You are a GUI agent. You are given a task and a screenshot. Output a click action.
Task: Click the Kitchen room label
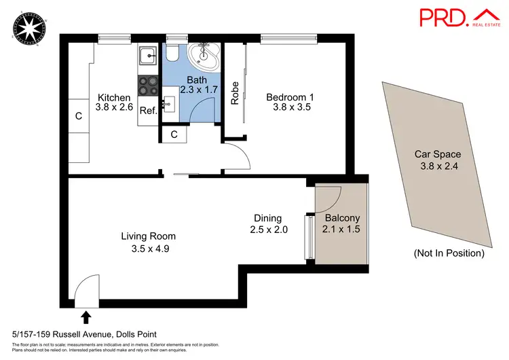pos(114,98)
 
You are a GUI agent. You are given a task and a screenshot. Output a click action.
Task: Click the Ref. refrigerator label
pos(148,111)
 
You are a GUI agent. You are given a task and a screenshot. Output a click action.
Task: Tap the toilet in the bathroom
pos(173,54)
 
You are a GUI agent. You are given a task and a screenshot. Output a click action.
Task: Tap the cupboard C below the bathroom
pos(174,134)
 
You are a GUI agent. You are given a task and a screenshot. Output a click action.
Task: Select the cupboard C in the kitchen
pos(79,117)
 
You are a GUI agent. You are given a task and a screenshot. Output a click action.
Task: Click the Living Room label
pos(149,242)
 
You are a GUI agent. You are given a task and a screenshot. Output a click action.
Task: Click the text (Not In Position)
pos(449,253)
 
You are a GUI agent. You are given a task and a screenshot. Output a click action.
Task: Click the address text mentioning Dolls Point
pos(85,334)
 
